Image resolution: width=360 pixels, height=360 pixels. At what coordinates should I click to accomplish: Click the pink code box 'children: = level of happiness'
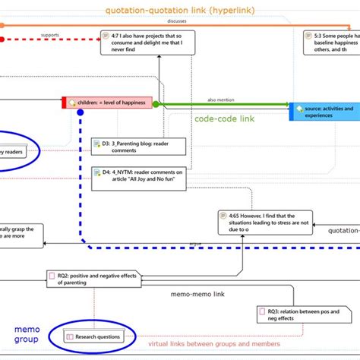[x=109, y=103]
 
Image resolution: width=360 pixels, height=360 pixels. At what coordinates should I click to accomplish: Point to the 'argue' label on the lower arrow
[x=196, y=244]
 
